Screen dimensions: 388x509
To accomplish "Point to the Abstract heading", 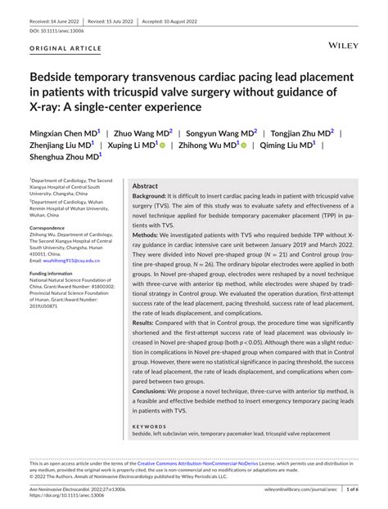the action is point(145,186).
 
